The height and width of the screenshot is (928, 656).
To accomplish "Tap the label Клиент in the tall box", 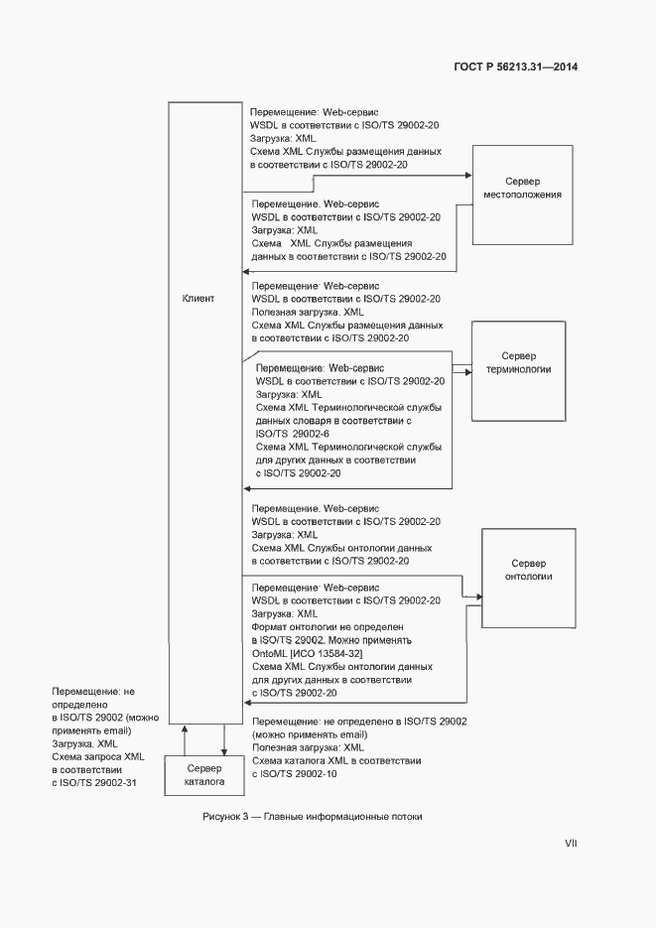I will tap(197, 298).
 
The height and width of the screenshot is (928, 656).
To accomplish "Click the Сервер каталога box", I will tap(203, 774).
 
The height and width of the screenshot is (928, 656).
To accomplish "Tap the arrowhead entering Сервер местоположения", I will tap(467, 176).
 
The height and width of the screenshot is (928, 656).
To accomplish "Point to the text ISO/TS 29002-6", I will tap(293, 434).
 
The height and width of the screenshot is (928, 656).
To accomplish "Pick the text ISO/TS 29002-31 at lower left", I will tap(93, 782).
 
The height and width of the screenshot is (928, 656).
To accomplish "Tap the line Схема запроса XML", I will tap(98, 756).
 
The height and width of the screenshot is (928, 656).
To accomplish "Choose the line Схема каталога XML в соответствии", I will tap(336, 760).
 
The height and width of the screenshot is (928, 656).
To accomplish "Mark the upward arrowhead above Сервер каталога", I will tap(184, 729).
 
